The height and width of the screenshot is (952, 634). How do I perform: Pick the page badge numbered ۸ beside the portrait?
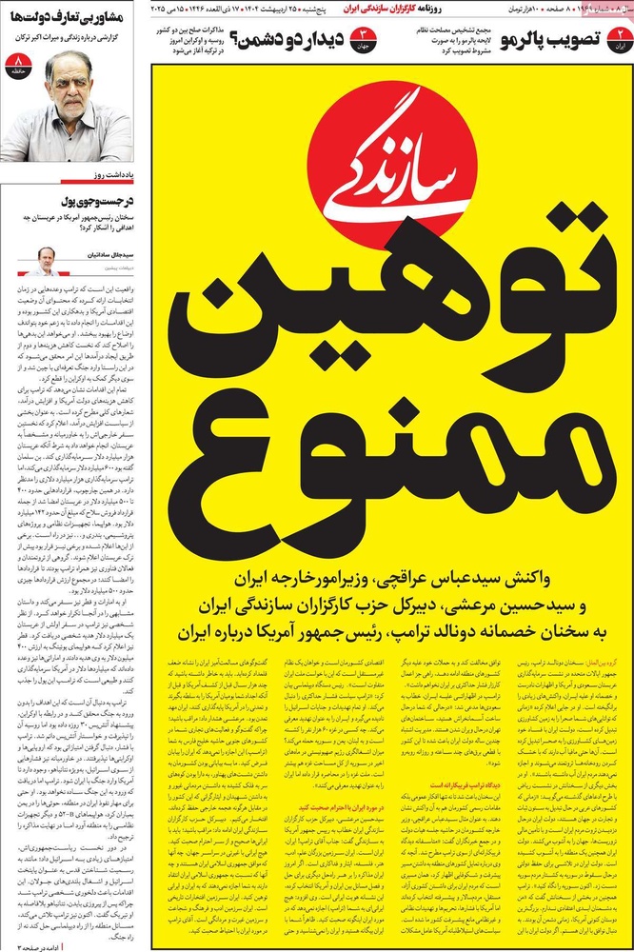(x=16, y=68)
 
